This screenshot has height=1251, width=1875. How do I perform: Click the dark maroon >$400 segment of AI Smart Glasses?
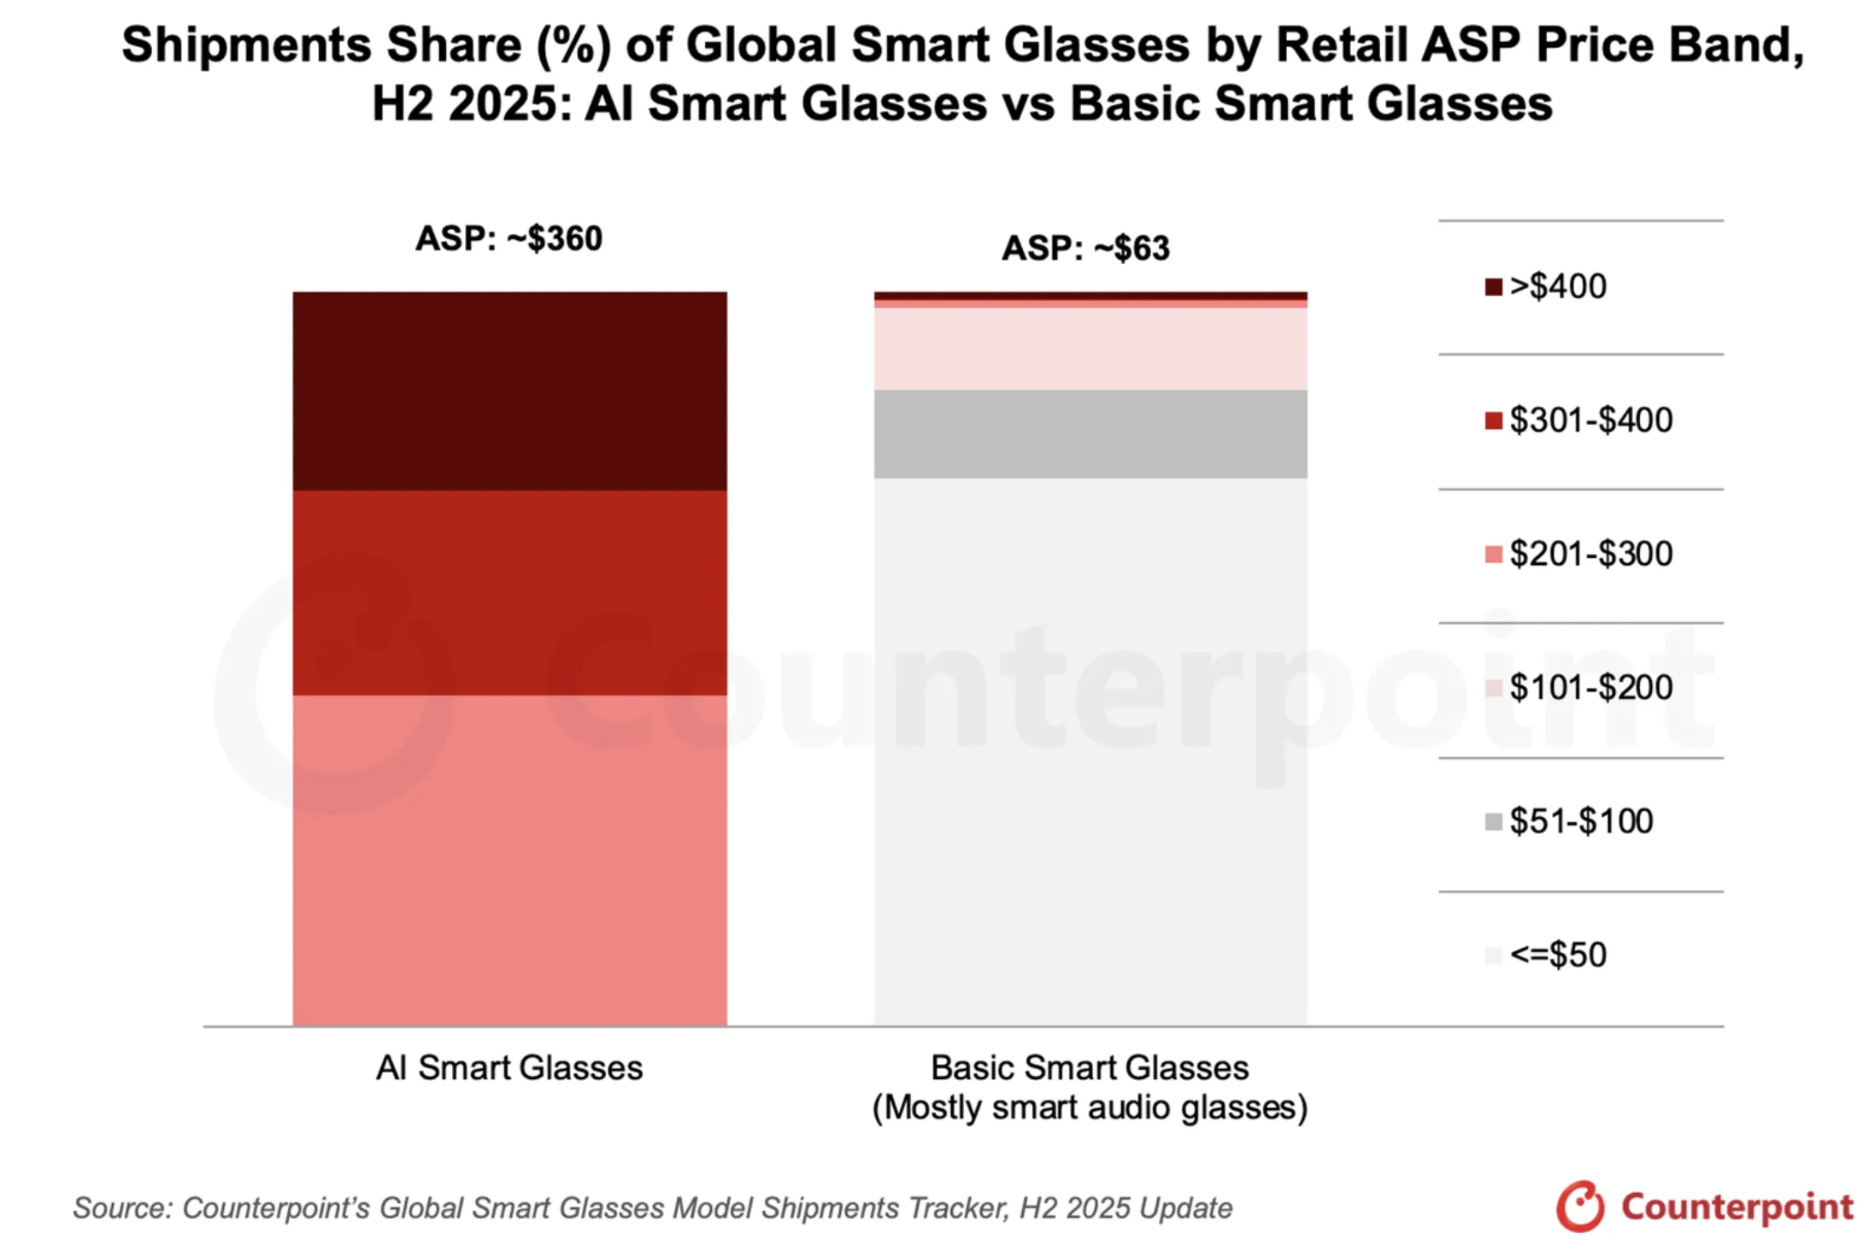pos(509,391)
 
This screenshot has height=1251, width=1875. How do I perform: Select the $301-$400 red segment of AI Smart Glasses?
pos(509,592)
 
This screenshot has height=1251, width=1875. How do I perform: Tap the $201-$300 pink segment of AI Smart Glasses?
pos(509,859)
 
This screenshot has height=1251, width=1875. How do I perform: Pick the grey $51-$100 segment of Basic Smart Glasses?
pos(1090,434)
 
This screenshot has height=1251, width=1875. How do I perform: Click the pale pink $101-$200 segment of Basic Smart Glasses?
pos(1090,349)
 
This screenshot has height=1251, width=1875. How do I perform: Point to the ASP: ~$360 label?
pos(509,238)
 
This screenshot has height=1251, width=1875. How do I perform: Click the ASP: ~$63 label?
pos(1085,249)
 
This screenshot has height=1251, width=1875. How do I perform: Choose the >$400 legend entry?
pos(1546,286)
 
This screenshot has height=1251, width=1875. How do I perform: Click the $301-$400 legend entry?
pos(1578,420)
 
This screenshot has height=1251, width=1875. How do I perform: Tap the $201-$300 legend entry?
pos(1578,554)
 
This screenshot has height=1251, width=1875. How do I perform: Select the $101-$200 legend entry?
pos(1578,687)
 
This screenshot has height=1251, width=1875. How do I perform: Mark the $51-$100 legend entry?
pos(1569,821)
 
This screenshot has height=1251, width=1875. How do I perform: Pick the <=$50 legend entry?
pos(1546,954)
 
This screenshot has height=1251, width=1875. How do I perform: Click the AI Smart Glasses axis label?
pos(509,1068)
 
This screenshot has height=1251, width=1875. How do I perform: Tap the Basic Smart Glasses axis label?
pos(1090,1068)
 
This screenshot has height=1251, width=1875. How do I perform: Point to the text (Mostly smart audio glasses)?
pos(1090,1107)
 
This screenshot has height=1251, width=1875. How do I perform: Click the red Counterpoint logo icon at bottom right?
pos(1580,1207)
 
